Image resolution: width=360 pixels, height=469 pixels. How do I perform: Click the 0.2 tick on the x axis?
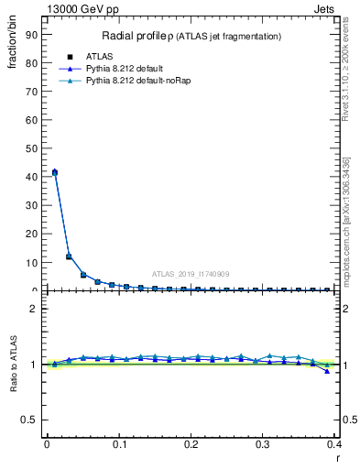pos(191,445)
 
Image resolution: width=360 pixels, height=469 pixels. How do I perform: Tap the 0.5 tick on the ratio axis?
pos(30,420)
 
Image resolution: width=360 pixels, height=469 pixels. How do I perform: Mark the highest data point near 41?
pos(55,171)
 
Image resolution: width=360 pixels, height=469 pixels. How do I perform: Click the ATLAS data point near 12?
pos(69,256)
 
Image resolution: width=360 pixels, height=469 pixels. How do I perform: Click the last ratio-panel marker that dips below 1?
pos(327,371)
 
